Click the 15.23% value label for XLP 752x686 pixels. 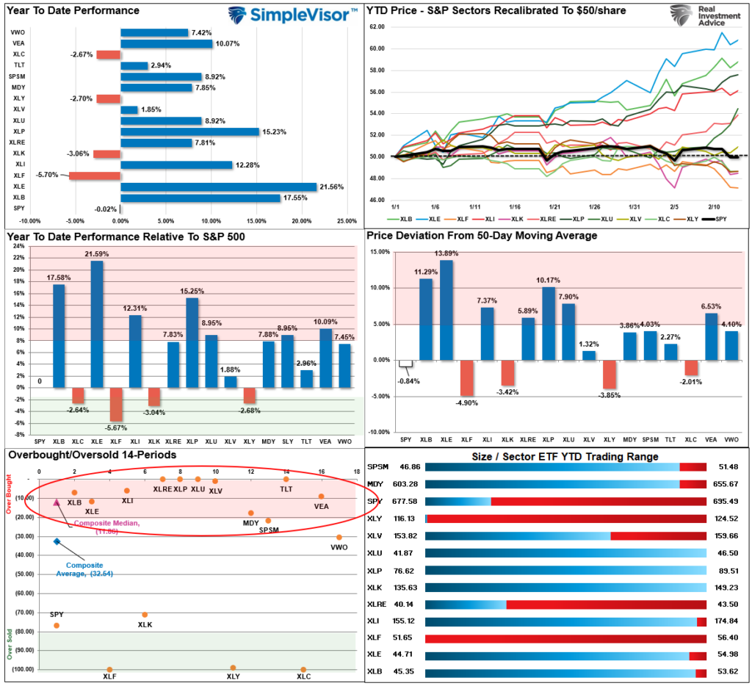tap(274, 131)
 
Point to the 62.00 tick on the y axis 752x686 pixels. tap(377, 26)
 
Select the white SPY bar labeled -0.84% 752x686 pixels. tap(405, 364)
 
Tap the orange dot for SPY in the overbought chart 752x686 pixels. tap(57, 626)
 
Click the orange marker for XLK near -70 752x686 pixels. tap(145, 615)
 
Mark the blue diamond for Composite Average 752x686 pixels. tap(57, 541)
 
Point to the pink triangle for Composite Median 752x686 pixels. tap(57, 502)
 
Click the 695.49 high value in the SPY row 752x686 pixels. tap(724, 501)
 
